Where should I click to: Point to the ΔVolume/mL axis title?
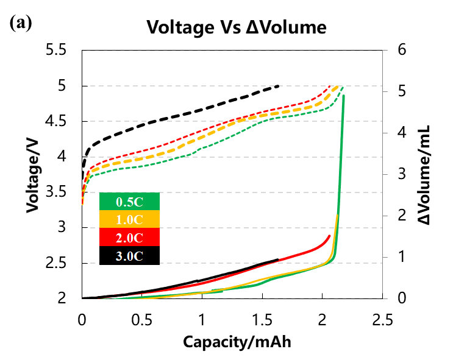(x=425, y=175)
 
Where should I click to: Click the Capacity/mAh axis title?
(x=237, y=342)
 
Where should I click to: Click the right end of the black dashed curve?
(x=279, y=86)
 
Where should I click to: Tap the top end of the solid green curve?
(x=344, y=96)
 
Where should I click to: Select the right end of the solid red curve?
(x=330, y=236)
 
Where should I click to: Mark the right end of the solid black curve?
(x=278, y=259)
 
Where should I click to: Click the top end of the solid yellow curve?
(x=337, y=216)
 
